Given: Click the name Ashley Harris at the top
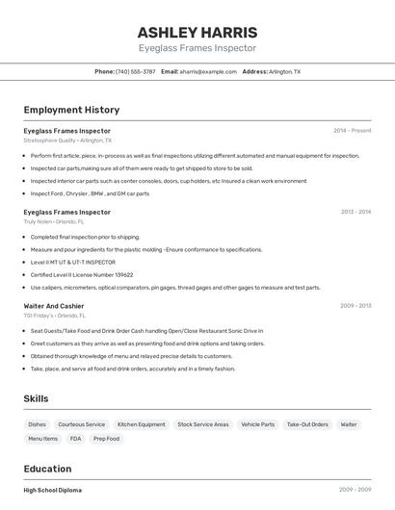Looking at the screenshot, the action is pos(197,32).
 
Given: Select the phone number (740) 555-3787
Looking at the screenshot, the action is pos(135,71).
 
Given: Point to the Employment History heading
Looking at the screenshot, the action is pos(71,110).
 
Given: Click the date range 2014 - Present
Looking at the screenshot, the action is pos(352,130).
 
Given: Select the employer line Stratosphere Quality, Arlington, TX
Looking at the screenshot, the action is pos(67,140).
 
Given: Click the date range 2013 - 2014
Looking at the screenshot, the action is pos(355,212).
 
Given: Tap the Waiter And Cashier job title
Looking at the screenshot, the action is pos(55,305).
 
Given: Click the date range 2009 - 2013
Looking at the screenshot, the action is pos(355,305).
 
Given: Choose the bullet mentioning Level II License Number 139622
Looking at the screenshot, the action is pos(81,274).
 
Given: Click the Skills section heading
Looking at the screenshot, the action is pos(36,398).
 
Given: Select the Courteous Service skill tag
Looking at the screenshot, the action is pos(82,424).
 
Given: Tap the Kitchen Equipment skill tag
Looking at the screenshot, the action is pos(141,424).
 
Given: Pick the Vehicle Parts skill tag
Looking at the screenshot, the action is pos(257,424).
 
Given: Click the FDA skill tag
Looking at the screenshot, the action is pos(75,439).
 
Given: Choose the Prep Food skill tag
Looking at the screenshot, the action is pos(106,439).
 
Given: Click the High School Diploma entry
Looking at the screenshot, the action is pos(53,490).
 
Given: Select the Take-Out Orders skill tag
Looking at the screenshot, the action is pos(307,424).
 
